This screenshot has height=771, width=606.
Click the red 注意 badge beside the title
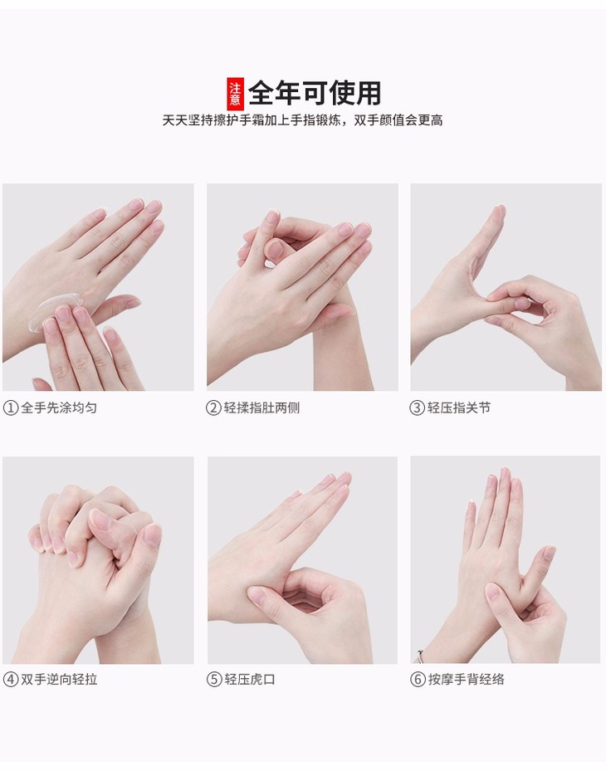point(235,94)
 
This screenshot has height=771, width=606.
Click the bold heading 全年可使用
point(315,93)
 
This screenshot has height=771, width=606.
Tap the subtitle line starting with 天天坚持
point(302,120)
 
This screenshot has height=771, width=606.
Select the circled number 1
point(10,407)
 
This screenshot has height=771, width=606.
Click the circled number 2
point(213,407)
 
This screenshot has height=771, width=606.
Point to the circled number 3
point(417,407)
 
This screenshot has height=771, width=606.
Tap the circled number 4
point(10,680)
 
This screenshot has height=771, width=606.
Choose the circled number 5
point(214,680)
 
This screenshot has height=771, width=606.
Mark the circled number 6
point(418,680)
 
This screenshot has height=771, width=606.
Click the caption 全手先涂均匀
point(59,407)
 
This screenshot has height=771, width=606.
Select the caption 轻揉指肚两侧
point(261,407)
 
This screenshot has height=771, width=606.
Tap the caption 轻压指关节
point(459,407)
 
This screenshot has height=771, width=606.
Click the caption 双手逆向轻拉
point(59,680)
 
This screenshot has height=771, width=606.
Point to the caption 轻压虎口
point(250,680)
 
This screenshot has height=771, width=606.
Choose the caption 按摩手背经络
point(467,680)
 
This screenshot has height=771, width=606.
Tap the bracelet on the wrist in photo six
point(419,656)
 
